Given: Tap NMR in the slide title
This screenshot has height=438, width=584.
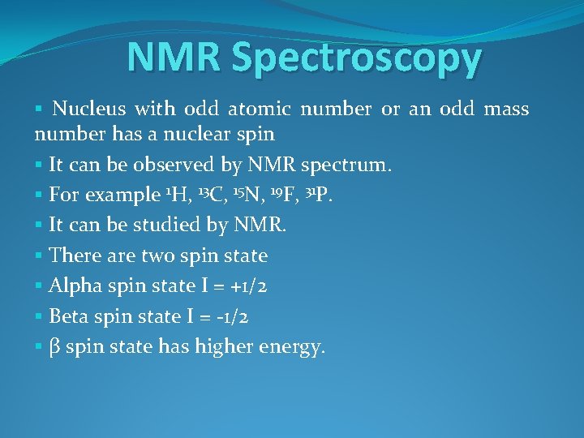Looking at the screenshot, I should click(x=175, y=58).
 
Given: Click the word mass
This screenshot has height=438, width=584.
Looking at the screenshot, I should click(x=506, y=109).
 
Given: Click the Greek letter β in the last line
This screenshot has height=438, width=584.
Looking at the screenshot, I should click(x=55, y=348).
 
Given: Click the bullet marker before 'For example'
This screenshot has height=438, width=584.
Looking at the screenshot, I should click(x=39, y=195).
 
